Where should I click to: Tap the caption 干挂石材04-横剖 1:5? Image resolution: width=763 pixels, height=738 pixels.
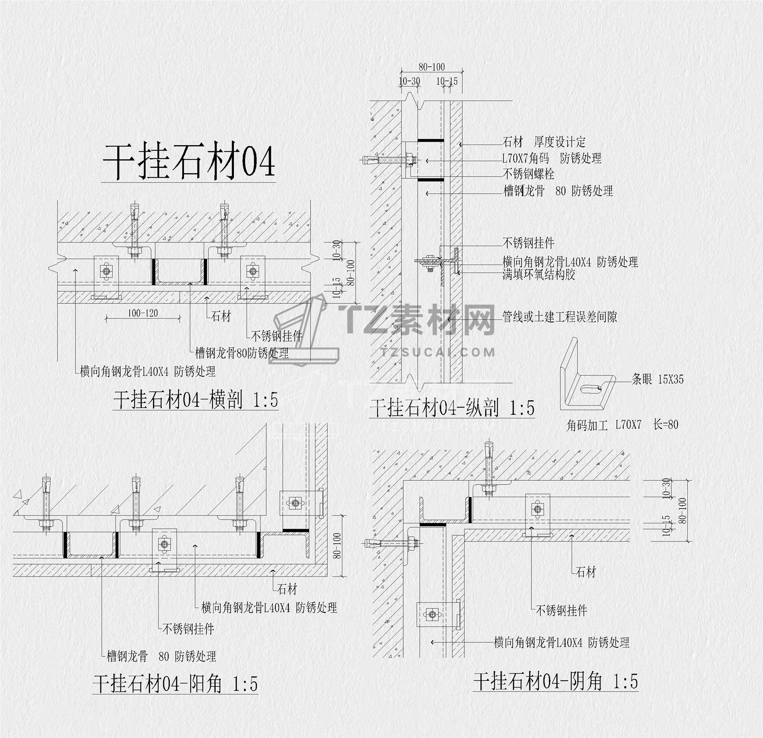pos(195,399)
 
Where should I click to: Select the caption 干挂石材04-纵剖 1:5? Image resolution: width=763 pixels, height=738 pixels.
pos(452,408)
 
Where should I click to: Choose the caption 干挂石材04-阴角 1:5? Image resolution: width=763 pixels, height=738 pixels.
pos(555,681)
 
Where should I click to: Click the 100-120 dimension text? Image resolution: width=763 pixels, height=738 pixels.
pos(143,313)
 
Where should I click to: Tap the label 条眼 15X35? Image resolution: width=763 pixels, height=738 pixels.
pos(657,379)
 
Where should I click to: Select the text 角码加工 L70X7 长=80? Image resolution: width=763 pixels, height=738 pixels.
pos(622,425)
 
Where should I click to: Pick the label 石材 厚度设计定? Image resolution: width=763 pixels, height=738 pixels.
pos(544,142)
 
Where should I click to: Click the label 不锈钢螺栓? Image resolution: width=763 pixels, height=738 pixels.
pos(528,173)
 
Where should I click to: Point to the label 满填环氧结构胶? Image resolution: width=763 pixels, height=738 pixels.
pos(538,275)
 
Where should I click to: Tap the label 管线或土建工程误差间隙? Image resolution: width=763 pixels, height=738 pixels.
pos(559,317)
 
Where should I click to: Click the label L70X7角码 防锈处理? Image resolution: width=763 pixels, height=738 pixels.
pos(552,158)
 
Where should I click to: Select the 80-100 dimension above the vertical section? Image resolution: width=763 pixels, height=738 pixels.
pos(432,67)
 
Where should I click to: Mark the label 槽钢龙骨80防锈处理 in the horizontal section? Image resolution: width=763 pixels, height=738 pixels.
pos(242,353)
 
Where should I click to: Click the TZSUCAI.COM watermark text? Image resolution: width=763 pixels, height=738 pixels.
pos(437,353)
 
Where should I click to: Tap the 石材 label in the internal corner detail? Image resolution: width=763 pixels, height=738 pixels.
pos(586,572)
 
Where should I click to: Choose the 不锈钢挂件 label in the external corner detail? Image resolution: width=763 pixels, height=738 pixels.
pos(188,629)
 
